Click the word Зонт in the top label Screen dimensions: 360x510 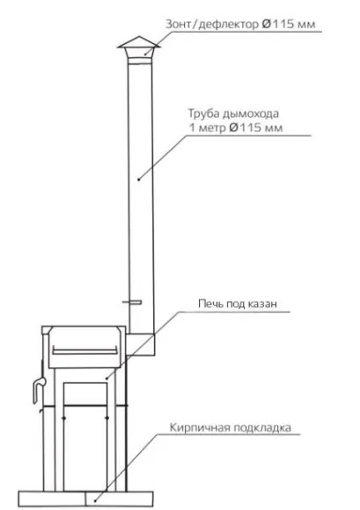pyautogui.click(x=179, y=24)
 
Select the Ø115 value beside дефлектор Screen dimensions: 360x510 pyautogui.click(x=276, y=24)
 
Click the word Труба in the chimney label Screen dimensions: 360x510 pyautogui.click(x=203, y=114)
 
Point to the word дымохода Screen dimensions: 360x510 pyautogui.click(x=251, y=114)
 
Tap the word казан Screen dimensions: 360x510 pyautogui.click(x=262, y=304)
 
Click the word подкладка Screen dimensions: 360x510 pyautogui.click(x=262, y=427)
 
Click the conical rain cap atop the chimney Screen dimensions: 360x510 pyautogui.click(x=139, y=42)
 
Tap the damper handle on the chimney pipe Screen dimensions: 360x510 pyautogui.click(x=132, y=302)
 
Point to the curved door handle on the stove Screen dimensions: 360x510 pyautogui.click(x=38, y=389)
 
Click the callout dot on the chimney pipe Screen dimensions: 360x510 pyautogui.click(x=139, y=179)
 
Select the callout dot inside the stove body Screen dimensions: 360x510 pyautogui.click(x=107, y=379)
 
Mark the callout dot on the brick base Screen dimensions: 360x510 pyautogui.click(x=95, y=501)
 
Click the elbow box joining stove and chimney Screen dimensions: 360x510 pyautogui.click(x=140, y=344)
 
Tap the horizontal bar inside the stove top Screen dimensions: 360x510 pyautogui.click(x=84, y=351)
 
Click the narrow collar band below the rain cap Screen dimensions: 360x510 pyautogui.click(x=140, y=61)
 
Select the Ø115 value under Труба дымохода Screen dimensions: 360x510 pyautogui.click(x=255, y=127)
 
